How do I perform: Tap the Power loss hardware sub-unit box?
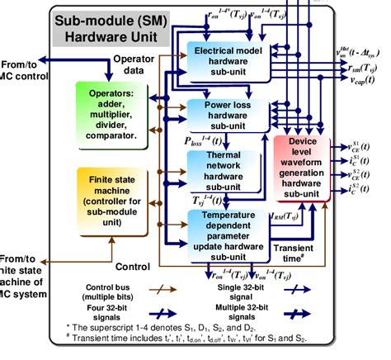226,116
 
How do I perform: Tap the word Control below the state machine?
131,266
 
